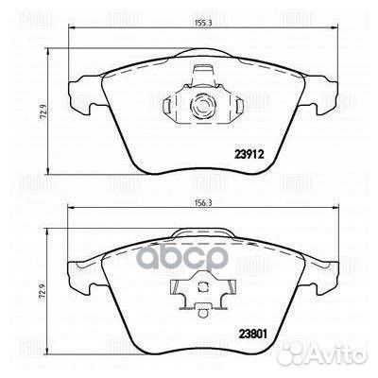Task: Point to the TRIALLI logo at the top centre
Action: pos(189,14)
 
